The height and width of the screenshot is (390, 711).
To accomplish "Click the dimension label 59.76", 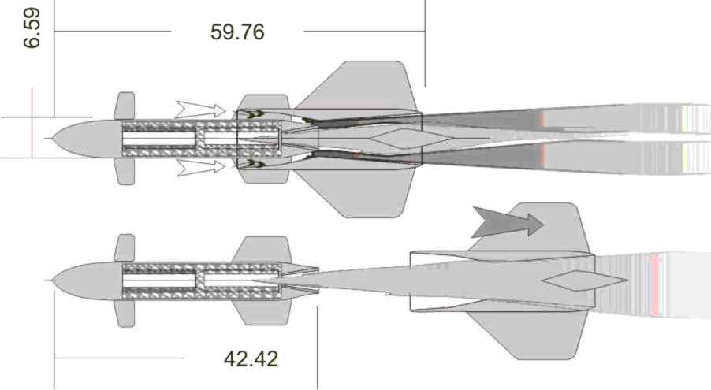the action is point(237,32).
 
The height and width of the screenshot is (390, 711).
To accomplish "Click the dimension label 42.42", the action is point(251,359).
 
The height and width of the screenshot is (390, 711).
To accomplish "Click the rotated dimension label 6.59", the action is point(32,28).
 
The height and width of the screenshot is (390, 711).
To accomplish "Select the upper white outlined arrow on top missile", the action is point(200,110).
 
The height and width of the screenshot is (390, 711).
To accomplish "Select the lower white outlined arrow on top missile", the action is point(200,167).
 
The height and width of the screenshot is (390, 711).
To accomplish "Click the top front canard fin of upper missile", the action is point(125,106).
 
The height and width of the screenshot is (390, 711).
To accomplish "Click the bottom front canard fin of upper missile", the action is point(125,172).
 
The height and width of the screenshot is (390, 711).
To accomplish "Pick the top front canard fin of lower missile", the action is point(125,248).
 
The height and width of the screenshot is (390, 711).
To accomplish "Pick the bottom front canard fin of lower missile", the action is point(125,314).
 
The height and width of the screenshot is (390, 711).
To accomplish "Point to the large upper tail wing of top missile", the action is point(358,86).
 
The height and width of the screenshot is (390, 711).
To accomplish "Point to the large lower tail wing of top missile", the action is point(358,193).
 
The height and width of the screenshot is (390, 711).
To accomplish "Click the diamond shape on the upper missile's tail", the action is point(411,139).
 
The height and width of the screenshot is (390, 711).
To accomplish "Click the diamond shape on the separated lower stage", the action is point(585,280).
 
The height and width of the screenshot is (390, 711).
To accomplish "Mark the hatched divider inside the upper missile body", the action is point(200,139).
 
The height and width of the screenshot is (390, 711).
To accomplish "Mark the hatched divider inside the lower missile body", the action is point(200,280).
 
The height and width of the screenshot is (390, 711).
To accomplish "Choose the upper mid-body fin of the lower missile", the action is point(262,250).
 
